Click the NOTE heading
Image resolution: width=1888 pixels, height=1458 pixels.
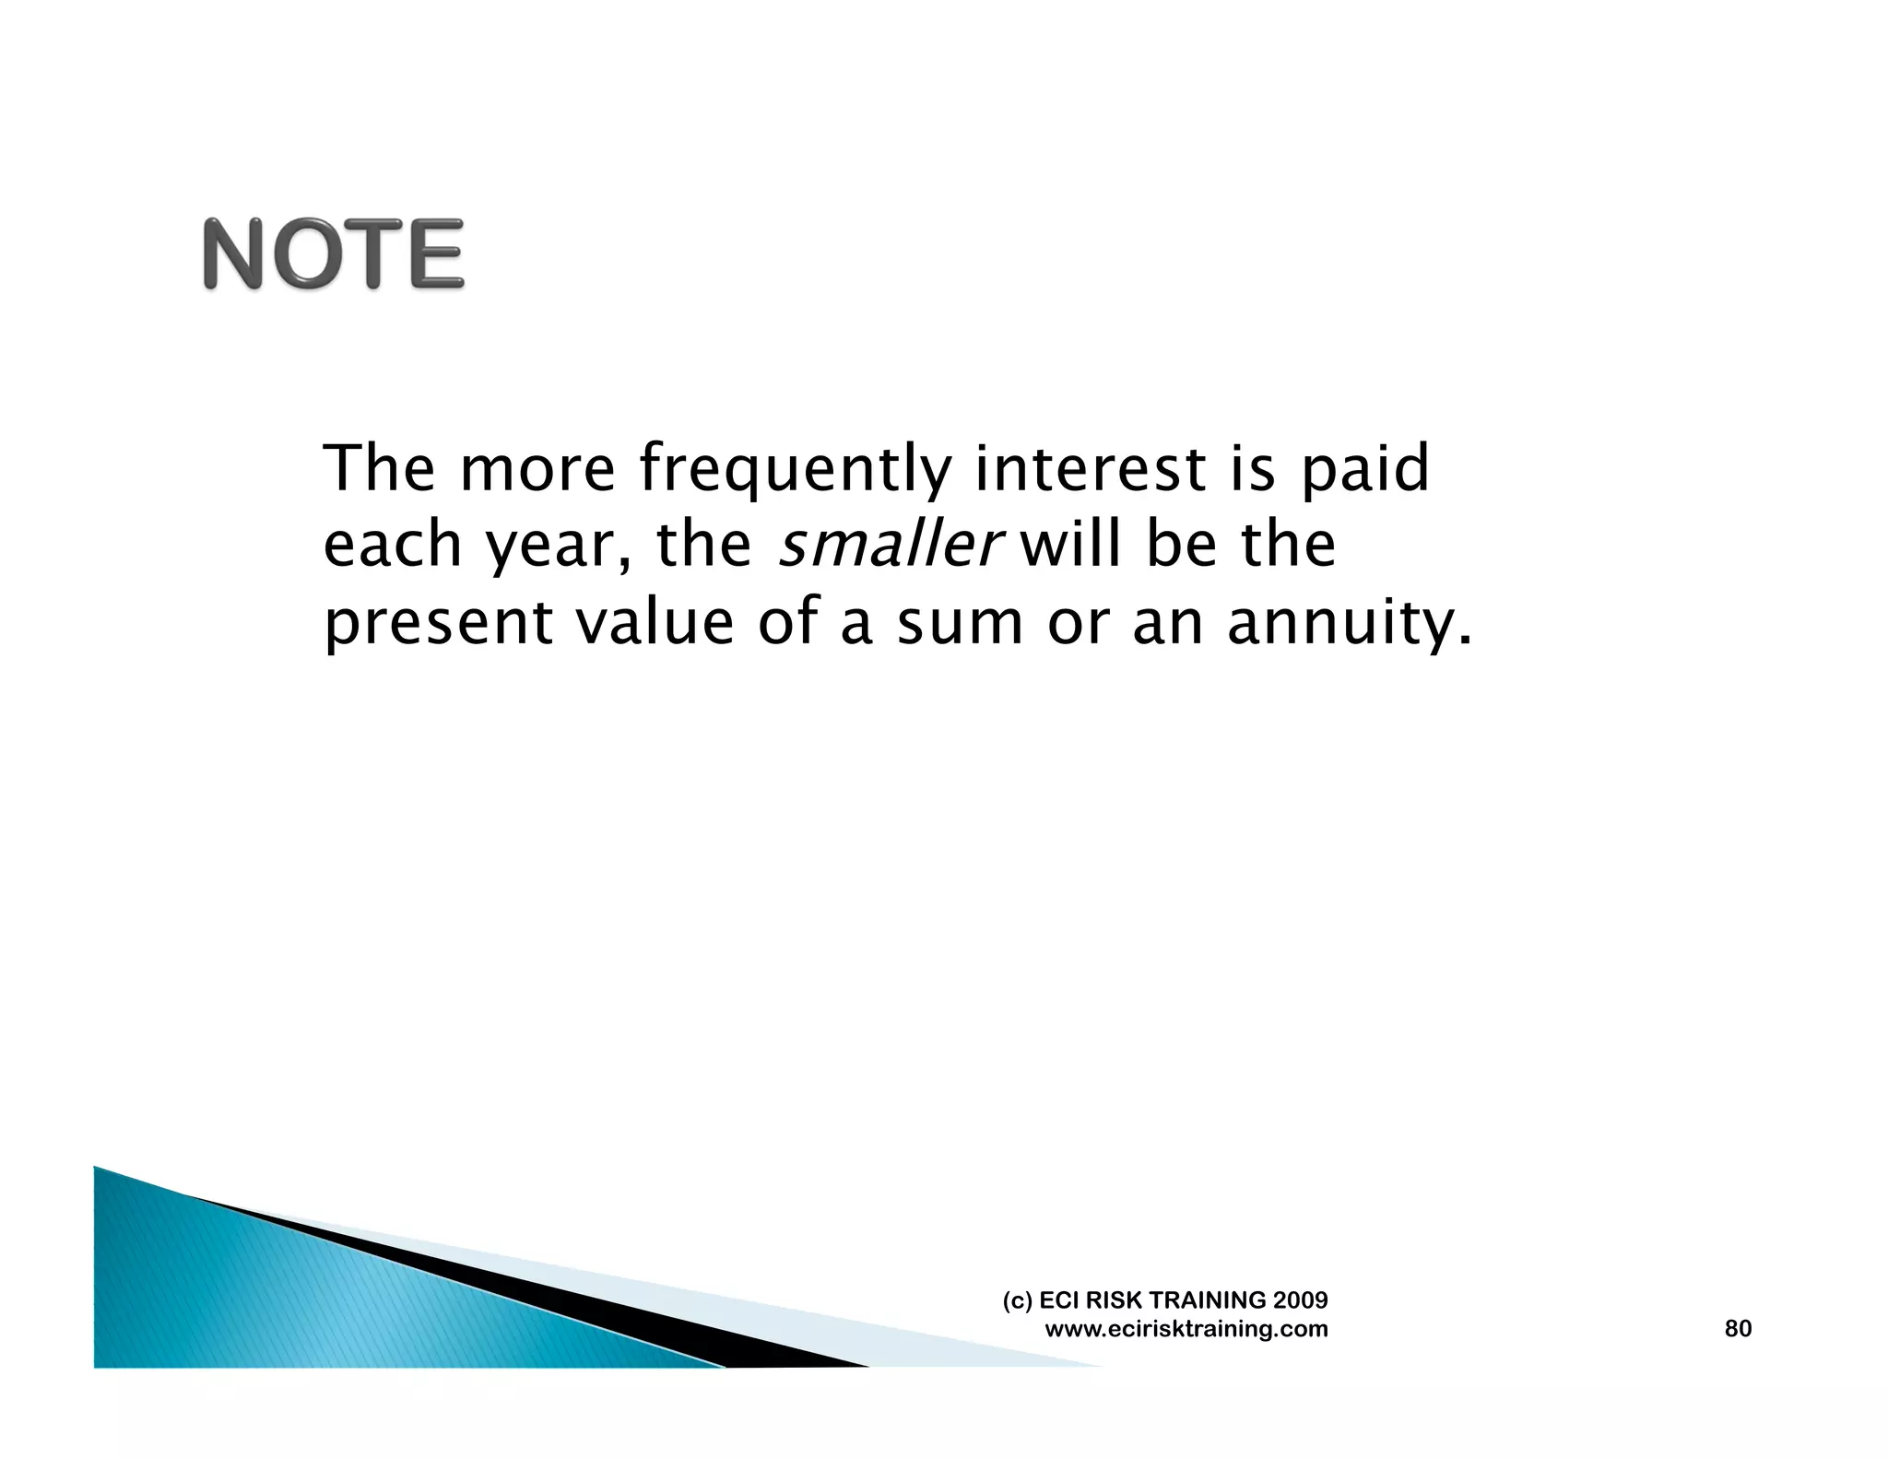pos(333,254)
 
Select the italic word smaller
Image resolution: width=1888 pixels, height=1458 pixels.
pos(888,545)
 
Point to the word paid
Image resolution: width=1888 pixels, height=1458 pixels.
pos(1364,470)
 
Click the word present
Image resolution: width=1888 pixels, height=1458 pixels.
pos(438,624)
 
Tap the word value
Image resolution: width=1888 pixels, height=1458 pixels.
pos(655,622)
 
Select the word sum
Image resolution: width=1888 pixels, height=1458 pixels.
pos(960,624)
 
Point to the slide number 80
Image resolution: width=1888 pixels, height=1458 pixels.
pos(1738,1328)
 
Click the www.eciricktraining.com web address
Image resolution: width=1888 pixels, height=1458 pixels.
pos(1186,1329)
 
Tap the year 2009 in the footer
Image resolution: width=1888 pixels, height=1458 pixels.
pos(1300,1300)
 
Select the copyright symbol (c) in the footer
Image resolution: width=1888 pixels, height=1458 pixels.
pos(1017,1300)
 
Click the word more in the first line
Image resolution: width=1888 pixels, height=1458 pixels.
pos(537,470)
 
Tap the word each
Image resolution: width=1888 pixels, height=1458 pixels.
pos(392,545)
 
